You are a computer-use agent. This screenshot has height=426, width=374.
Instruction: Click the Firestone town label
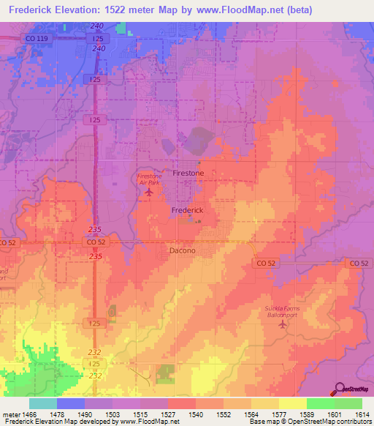coord(188,173)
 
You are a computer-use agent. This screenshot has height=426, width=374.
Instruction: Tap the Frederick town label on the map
coord(187,210)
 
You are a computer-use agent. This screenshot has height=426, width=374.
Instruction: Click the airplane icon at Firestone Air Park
coord(150,193)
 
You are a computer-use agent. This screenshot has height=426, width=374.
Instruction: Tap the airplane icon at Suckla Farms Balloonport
coord(283,324)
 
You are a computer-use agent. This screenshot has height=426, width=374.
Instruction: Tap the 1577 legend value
coord(278,415)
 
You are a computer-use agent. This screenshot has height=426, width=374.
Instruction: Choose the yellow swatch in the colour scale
coord(292,403)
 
